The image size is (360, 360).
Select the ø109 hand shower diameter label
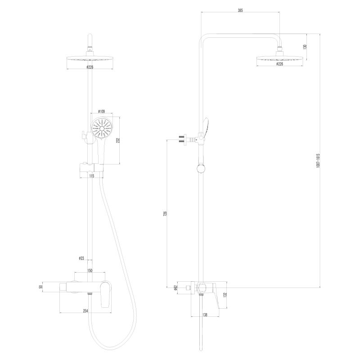pyautogui.click(x=101, y=112)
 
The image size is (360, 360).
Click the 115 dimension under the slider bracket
pyautogui.click(x=91, y=176)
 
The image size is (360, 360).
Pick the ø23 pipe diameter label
pyautogui.click(x=81, y=258)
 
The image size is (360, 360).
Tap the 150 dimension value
pyautogui.click(x=90, y=271)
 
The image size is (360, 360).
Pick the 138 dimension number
pyautogui.click(x=205, y=315)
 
